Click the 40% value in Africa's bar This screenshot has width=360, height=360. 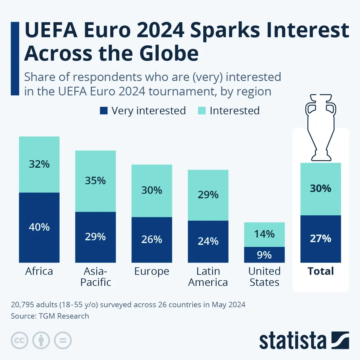(39, 227)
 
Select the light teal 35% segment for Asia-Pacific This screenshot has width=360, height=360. (95, 181)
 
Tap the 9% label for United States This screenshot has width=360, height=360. (264, 255)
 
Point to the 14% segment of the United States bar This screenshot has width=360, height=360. (264, 234)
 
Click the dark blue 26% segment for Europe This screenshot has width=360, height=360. (152, 239)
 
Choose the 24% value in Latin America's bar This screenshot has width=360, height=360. (208, 241)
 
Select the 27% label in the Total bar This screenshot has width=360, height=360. (320, 238)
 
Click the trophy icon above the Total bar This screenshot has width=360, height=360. (321, 127)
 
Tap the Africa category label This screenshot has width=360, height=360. (39, 271)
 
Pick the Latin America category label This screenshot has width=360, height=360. (208, 277)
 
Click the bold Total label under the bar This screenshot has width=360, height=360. (321, 271)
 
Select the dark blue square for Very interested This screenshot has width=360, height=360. (103, 111)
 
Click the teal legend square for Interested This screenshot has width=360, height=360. (202, 111)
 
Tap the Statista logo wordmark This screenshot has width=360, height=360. (292, 341)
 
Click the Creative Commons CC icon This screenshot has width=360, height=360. (19, 340)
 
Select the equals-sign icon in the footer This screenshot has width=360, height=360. (63, 340)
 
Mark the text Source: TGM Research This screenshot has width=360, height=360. (50, 316)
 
